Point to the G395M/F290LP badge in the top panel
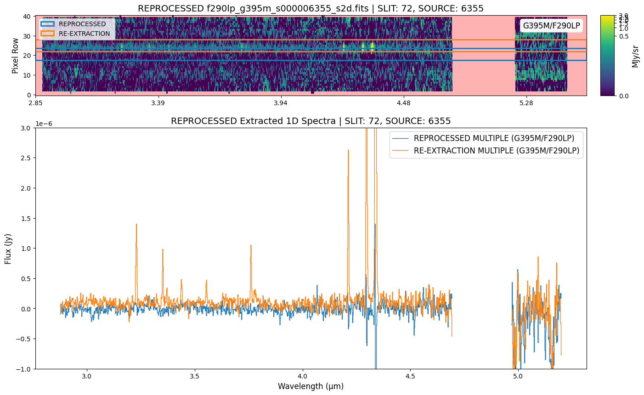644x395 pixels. click(x=551, y=26)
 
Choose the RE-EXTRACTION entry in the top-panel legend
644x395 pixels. click(x=84, y=34)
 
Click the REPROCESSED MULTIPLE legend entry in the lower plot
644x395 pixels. click(x=494, y=138)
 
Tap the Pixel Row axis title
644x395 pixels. click(x=16, y=56)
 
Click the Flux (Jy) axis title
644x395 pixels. click(x=8, y=248)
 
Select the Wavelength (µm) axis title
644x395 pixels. click(x=311, y=386)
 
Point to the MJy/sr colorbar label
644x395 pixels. click(x=635, y=56)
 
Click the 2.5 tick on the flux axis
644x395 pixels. click(x=26, y=158)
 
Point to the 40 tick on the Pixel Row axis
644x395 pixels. click(x=27, y=17)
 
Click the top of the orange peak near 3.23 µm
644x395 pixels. click(x=136, y=224)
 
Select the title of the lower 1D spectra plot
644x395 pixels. click(x=311, y=121)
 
